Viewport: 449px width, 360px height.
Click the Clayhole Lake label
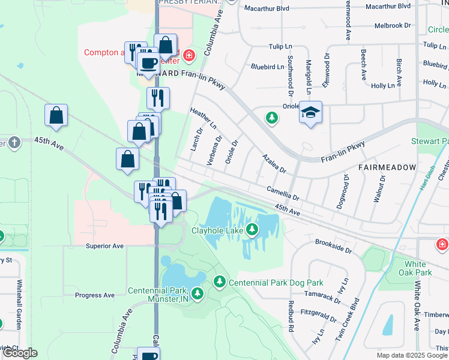click(x=217, y=229)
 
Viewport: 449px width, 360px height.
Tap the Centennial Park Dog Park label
click(x=276, y=283)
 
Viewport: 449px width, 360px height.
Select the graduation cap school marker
click(x=310, y=112)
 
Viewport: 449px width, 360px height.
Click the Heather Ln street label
click(x=202, y=119)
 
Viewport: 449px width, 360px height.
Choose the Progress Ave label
click(x=95, y=295)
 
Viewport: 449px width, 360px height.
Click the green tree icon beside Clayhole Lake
click(x=253, y=229)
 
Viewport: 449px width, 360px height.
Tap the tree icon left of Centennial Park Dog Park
click(x=220, y=281)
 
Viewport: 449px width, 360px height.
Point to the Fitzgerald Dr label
click(x=319, y=316)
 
